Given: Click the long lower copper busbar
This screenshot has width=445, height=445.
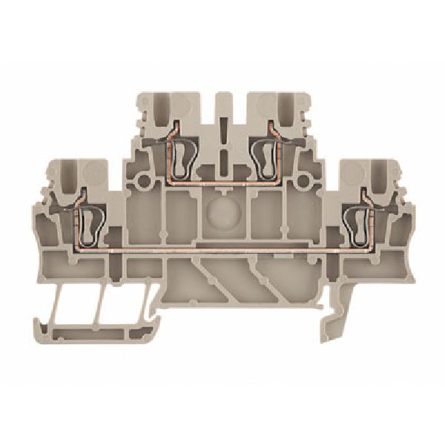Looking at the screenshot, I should [x=222, y=252].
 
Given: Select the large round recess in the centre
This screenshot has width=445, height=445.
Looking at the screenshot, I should [x=222, y=211].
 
